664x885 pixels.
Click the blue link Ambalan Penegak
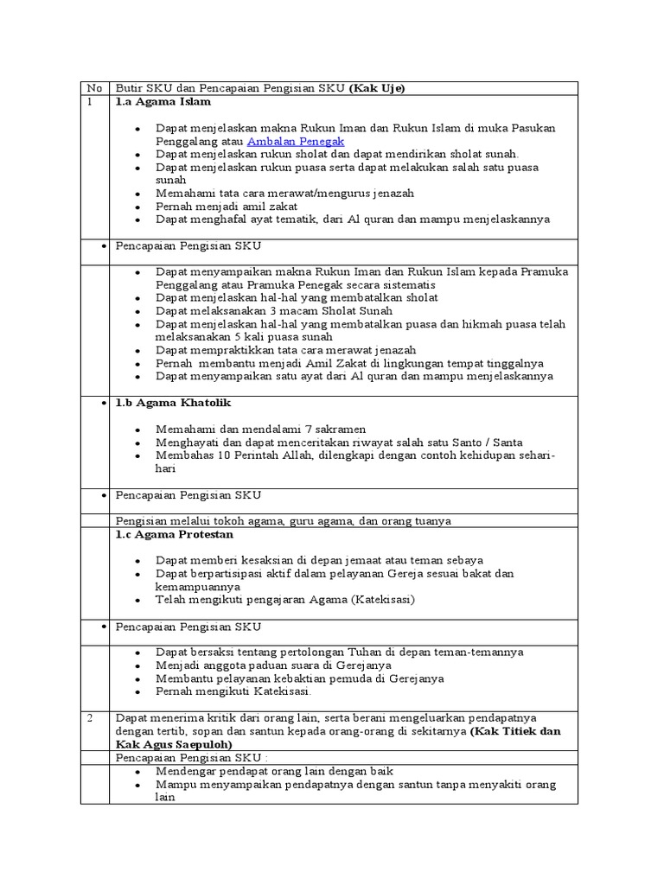pos(296,141)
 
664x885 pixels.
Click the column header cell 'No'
pos(94,88)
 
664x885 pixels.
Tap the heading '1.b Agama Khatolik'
pos(173,404)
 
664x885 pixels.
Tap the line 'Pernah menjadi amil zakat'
pos(227,207)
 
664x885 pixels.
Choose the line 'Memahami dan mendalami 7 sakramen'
pos(260,430)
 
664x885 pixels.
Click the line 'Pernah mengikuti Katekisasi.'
pos(234,691)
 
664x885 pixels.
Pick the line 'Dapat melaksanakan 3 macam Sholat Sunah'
pos(273,310)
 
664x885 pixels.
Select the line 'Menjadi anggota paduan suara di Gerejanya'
pos(273,665)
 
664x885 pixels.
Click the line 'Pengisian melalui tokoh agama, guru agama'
pos(283,521)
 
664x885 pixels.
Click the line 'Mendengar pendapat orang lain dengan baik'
pos(275,771)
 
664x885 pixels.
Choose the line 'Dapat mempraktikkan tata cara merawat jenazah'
pos(285,350)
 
